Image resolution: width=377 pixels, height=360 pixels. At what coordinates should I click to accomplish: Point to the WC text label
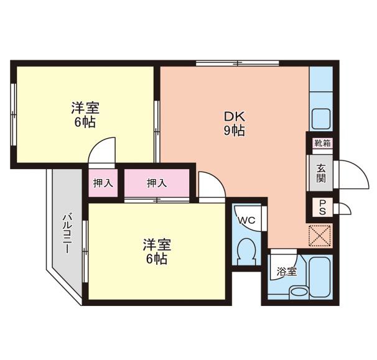247,220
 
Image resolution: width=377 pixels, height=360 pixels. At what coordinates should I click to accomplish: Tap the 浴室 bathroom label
287,272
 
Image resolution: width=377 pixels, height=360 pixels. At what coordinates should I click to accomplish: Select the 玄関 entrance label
321,173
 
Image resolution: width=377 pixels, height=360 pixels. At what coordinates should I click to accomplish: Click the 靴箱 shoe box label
322,143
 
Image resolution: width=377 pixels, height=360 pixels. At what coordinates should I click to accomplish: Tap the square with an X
321,236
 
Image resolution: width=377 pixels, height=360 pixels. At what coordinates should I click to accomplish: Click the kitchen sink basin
321,118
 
